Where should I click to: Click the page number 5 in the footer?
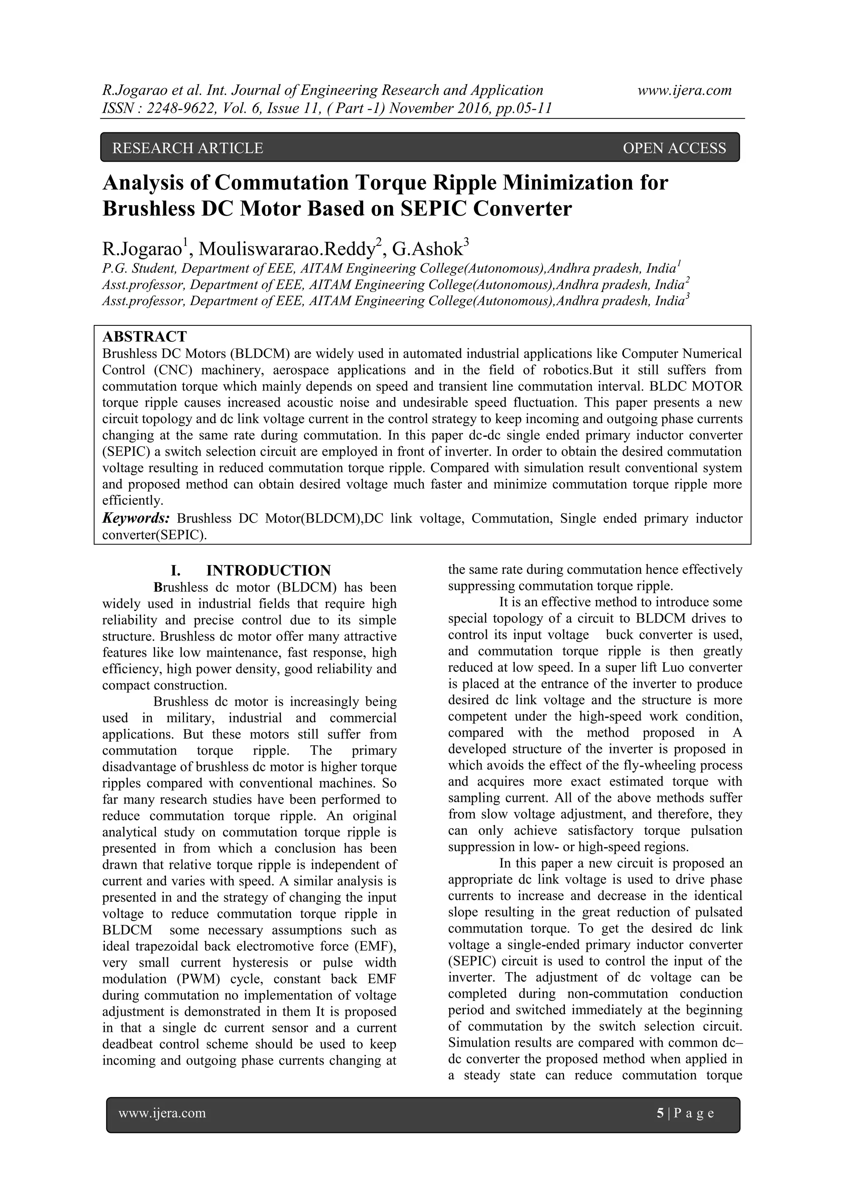pos(660,1113)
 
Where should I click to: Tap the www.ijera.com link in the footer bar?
pos(162,1113)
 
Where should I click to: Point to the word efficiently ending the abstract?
pos(132,501)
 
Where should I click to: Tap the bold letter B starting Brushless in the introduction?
pos(158,588)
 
